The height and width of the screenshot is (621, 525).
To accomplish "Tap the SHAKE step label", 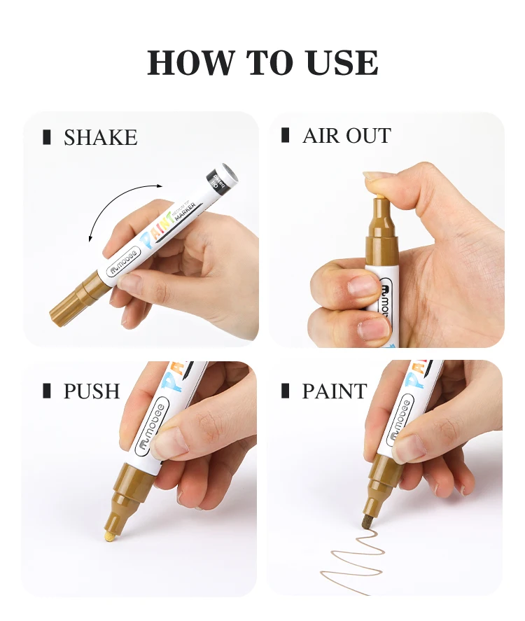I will (x=100, y=138).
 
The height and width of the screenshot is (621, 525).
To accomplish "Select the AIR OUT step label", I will (x=346, y=136).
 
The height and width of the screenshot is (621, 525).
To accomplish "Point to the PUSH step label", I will (x=92, y=391).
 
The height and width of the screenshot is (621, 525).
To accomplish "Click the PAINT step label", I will (x=334, y=391).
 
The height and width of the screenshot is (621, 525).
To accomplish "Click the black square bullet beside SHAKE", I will (x=47, y=137).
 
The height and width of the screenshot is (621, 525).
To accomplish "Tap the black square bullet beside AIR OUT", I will (x=286, y=136).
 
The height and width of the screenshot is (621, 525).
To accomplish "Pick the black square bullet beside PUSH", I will (x=47, y=391).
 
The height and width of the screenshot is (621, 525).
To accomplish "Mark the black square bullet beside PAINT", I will (x=286, y=391).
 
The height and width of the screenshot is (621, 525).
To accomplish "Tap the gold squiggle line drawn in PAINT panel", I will (x=357, y=560).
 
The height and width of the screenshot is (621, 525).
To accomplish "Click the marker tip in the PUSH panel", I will (x=111, y=536).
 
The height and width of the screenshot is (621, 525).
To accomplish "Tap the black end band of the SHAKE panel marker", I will (x=223, y=179).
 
